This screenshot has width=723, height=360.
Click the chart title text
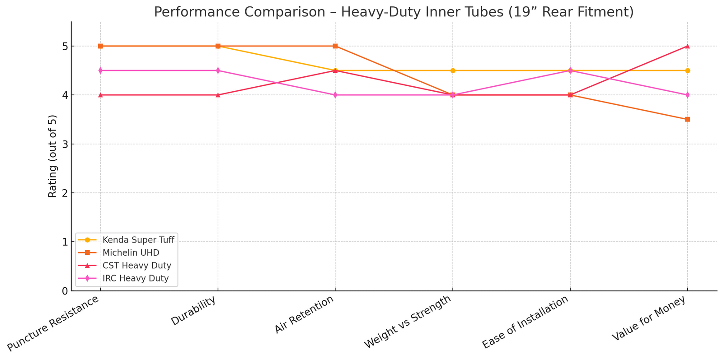tap(394, 12)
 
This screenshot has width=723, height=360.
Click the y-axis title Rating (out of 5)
tap(53, 156)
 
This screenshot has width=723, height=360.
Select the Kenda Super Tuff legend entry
tap(138, 239)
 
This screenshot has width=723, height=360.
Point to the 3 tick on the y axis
tap(65, 144)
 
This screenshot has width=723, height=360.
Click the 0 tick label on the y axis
tap(65, 291)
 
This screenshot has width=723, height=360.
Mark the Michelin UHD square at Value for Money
tap(687, 119)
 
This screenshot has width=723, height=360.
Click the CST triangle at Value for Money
tap(687, 46)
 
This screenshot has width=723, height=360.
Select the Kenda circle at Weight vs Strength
tap(453, 70)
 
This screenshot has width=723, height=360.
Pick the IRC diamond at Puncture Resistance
tap(100, 70)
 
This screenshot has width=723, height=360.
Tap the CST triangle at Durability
tap(218, 95)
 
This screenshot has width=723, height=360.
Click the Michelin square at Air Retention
tap(335, 46)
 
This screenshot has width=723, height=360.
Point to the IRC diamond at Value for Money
tap(687, 95)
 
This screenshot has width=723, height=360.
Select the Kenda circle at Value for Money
tap(687, 70)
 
